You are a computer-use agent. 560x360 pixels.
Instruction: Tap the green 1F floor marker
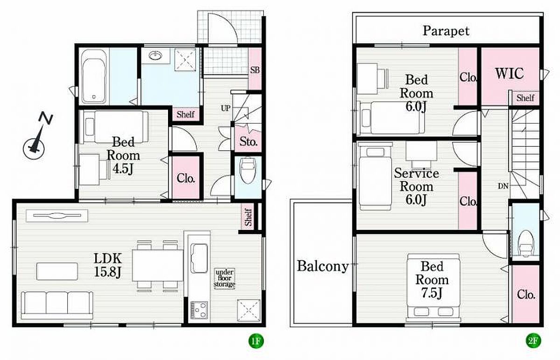(x=256, y=341)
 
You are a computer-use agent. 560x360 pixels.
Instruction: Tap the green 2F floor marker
(x=533, y=341)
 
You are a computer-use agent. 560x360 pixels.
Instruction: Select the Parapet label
(x=446, y=31)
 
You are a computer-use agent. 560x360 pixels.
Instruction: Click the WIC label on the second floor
(x=509, y=74)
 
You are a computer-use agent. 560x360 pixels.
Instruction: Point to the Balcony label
(x=322, y=266)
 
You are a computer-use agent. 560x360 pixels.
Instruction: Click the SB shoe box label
(x=255, y=70)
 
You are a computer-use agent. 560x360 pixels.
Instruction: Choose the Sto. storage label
(x=248, y=142)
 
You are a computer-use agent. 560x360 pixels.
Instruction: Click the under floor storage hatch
(x=224, y=278)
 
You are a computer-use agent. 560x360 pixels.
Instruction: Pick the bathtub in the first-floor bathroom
(x=94, y=76)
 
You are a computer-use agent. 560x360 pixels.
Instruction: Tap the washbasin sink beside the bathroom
(x=155, y=55)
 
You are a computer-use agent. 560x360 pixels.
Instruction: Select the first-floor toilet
(x=248, y=170)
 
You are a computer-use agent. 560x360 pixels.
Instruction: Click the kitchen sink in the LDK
(x=199, y=258)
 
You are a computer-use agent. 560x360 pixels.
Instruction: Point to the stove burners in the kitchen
(x=199, y=310)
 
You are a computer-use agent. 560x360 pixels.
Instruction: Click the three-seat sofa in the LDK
(x=57, y=305)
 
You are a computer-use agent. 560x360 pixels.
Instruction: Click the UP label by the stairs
(x=225, y=108)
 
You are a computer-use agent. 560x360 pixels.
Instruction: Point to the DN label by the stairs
(x=503, y=186)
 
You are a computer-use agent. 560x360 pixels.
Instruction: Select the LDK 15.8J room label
(x=108, y=265)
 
